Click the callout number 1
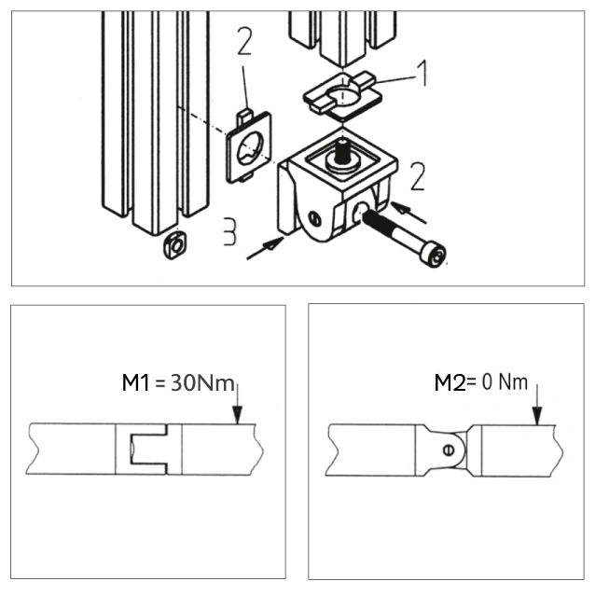422,73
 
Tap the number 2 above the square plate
244,41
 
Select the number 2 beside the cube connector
418,176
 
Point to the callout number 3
229,231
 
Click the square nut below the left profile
175,245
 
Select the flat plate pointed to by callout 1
342,95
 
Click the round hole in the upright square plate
250,148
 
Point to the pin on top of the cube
343,152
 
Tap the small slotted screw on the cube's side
314,219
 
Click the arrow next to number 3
265,248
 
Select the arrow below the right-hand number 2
408,212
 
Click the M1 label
135,382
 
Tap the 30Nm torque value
202,382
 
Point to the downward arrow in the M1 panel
237,404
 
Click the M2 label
450,382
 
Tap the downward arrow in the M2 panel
537,405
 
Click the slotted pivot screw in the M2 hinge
449,450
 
